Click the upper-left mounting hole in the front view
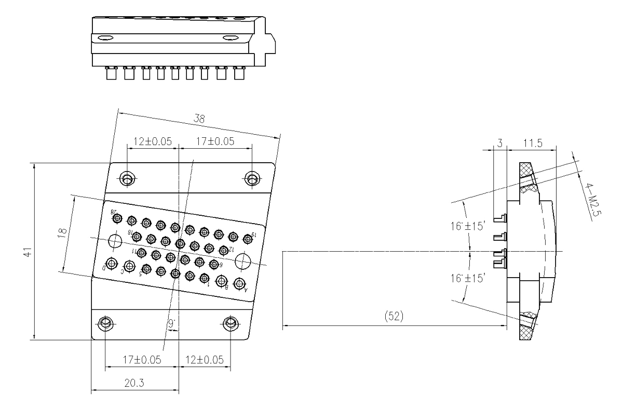(127, 179)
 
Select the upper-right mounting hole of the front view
(252, 179)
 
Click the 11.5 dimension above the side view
(532, 143)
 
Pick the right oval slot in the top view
(229, 38)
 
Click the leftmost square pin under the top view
(111, 74)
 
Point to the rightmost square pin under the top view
(239, 74)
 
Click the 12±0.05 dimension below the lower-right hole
(205, 359)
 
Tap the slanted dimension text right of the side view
(593, 203)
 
